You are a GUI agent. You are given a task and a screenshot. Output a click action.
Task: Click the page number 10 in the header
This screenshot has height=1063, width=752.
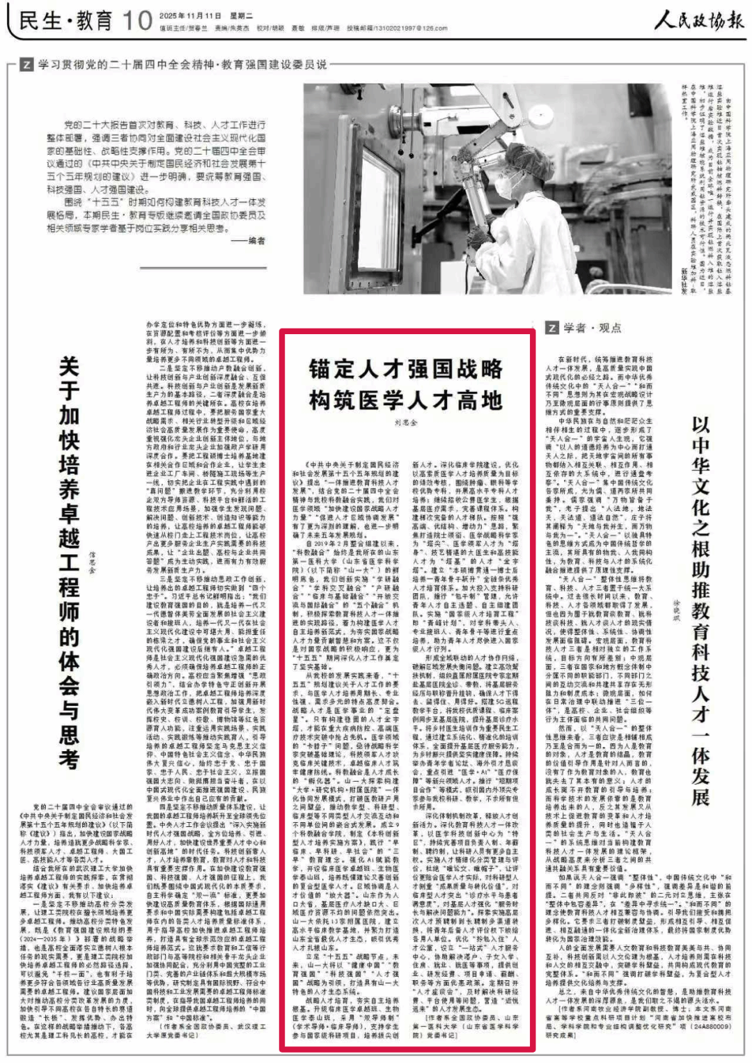pyautogui.click(x=136, y=20)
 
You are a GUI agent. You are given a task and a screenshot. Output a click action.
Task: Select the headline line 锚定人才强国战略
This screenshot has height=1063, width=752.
pyautogui.click(x=406, y=369)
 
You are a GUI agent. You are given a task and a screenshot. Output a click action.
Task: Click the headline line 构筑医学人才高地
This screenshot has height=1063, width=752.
pyautogui.click(x=406, y=400)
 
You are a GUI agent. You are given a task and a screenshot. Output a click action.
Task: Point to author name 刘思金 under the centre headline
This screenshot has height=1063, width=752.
pyautogui.click(x=406, y=423)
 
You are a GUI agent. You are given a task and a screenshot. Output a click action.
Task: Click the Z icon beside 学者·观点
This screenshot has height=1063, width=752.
pyautogui.click(x=551, y=328)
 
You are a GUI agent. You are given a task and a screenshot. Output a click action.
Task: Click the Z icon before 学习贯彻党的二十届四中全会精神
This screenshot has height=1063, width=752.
pyautogui.click(x=26, y=65)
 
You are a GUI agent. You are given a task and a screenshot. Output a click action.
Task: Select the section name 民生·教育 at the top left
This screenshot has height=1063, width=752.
pyautogui.click(x=65, y=21)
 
